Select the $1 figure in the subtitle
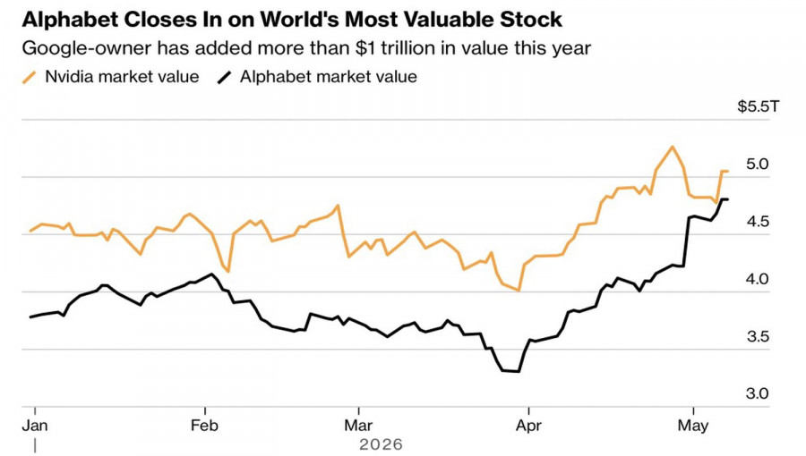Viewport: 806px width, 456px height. point(364,47)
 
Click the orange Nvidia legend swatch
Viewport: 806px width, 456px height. point(30,78)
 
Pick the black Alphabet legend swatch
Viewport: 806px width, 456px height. point(225,78)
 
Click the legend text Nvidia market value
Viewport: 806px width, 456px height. point(122,76)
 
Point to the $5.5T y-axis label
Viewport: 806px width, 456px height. point(759,106)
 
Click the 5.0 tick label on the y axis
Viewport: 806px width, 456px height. point(757,165)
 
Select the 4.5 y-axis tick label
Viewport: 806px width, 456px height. point(757,222)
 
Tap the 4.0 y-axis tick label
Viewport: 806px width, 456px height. point(757,279)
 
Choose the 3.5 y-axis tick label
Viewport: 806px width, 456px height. point(757,336)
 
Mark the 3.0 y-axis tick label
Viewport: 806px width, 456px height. point(757,394)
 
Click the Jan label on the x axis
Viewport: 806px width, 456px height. point(35,426)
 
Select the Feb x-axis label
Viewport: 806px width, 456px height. point(204,426)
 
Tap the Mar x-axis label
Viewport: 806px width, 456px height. point(358,426)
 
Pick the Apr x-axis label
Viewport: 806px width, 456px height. point(528,426)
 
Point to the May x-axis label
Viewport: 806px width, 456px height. point(693,426)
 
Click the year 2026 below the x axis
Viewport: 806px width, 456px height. point(381,444)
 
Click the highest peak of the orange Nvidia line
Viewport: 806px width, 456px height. point(672,147)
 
